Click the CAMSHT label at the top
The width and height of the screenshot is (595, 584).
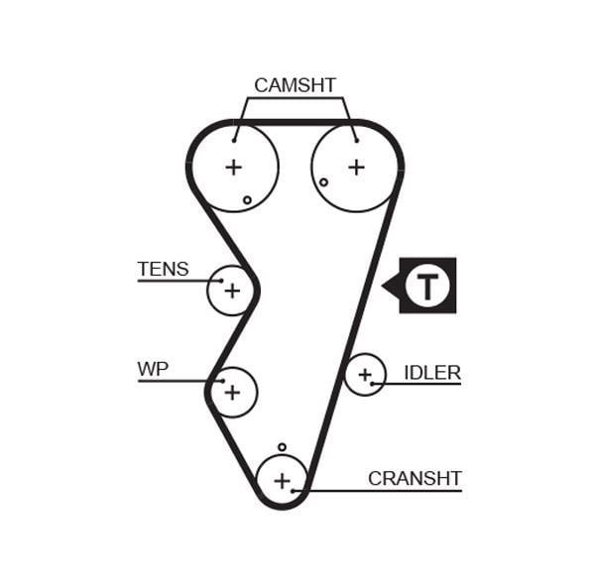tap(295, 85)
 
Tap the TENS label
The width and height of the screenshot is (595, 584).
tap(163, 269)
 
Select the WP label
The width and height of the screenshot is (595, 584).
tap(153, 369)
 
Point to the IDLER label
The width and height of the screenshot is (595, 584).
tap(432, 373)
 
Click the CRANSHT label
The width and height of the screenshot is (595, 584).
tap(415, 478)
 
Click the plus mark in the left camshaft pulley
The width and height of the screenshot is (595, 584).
tap(234, 167)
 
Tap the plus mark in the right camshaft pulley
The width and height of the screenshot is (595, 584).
tap(356, 167)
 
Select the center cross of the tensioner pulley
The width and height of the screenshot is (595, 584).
tap(232, 291)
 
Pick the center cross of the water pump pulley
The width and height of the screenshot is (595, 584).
tap(232, 392)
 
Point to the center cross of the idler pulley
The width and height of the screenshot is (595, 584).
tap(365, 375)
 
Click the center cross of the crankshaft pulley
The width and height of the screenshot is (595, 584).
tap(282, 481)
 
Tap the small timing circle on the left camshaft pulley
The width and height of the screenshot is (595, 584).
tap(247, 200)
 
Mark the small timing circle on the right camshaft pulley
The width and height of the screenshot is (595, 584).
tap(323, 182)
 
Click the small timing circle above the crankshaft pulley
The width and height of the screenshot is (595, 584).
tap(282, 447)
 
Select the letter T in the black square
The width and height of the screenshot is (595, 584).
tap(427, 286)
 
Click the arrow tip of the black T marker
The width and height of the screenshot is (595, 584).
tap(382, 286)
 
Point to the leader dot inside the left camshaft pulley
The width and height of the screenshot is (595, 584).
tap(234, 141)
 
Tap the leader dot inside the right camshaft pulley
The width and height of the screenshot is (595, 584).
tap(357, 141)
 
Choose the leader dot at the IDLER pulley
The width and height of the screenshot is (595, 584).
tap(372, 384)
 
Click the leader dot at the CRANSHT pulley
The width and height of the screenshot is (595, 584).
tap(293, 491)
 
